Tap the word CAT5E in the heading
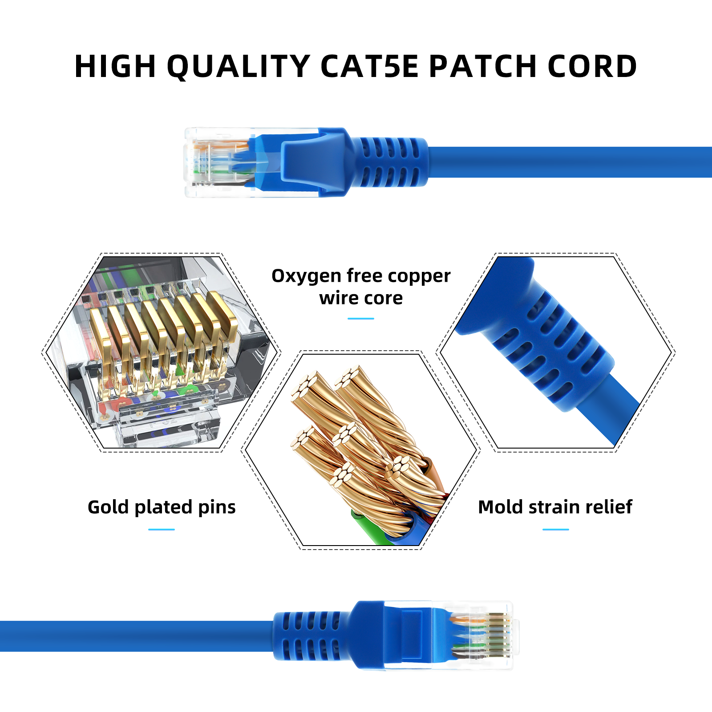369,67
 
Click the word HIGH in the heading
115,67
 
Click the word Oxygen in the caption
306,276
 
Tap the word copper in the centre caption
419,276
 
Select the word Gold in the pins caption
108,507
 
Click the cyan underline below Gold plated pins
161,530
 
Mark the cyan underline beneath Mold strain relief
555,530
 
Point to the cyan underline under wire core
360,319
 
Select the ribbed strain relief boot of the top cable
389,162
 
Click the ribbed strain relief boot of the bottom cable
309,635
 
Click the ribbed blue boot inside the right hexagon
552,343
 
